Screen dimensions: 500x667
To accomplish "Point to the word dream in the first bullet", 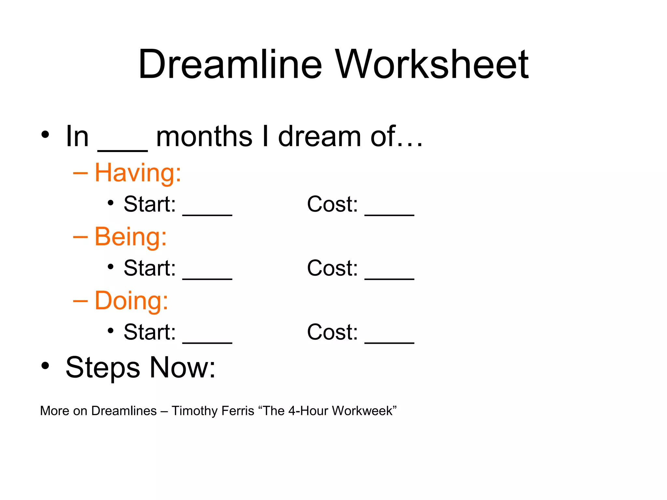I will click(319, 137).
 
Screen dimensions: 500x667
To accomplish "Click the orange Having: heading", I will click(138, 173).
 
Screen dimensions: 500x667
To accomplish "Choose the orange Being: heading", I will click(131, 237).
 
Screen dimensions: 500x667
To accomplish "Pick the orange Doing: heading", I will click(131, 300).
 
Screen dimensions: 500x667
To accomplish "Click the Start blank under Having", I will click(207, 213).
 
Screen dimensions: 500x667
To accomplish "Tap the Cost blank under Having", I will click(389, 213).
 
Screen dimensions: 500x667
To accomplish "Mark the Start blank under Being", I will click(207, 277).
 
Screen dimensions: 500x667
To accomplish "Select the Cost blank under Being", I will click(389, 277).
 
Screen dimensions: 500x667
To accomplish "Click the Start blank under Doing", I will click(207, 341).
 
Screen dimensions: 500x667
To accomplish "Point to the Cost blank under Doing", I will click(389, 341).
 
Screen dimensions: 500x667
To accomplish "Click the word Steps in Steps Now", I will click(103, 368).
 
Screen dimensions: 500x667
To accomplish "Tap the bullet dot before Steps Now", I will click(45, 366).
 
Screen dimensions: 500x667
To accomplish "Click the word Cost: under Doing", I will click(332, 332).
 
